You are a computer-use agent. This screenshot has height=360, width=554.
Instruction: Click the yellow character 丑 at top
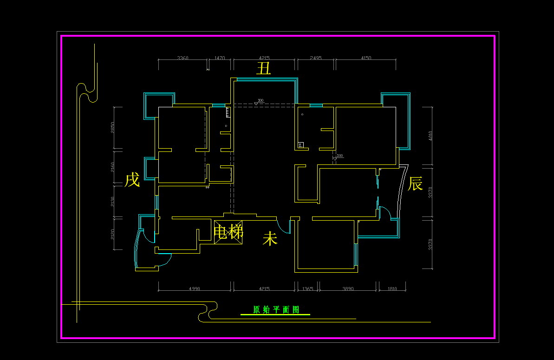click(x=264, y=69)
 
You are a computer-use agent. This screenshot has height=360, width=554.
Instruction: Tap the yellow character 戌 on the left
click(x=132, y=180)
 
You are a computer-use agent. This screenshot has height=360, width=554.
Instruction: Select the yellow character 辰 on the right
click(x=415, y=183)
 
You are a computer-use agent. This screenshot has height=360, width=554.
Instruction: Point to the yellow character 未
click(x=270, y=239)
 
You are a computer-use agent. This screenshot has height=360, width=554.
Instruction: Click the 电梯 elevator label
click(x=228, y=231)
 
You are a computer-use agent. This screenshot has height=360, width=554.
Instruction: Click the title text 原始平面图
click(x=276, y=309)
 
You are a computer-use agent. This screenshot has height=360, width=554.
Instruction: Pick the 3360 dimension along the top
click(x=182, y=58)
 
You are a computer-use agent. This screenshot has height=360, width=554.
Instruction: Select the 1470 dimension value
click(x=220, y=58)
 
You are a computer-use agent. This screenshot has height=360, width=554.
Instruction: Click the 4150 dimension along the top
click(x=366, y=58)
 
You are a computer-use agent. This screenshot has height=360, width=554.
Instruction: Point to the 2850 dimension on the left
click(x=112, y=128)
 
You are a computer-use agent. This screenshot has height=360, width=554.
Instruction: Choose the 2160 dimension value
click(x=112, y=167)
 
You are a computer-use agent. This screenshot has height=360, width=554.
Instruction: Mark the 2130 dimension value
click(x=112, y=201)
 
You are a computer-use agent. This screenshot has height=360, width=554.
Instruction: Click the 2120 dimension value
click(x=112, y=234)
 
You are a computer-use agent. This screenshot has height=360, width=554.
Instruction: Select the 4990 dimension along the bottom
click(x=195, y=289)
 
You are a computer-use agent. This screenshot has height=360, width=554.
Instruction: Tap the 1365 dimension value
click(x=307, y=289)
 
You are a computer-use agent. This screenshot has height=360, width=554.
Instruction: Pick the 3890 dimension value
click(x=348, y=289)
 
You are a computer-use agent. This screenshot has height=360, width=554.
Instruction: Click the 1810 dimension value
click(x=392, y=289)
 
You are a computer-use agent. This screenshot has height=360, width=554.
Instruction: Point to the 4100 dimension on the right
click(x=430, y=136)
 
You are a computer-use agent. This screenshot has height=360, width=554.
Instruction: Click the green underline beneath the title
click(x=275, y=315)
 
